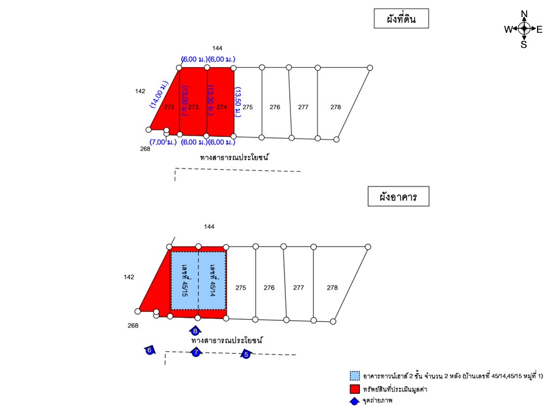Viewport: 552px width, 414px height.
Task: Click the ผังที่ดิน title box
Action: [x=401, y=18]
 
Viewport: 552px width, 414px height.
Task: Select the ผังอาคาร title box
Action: [x=398, y=196]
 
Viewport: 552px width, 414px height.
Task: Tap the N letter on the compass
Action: [x=524, y=14]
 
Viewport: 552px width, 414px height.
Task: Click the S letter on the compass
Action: [x=524, y=45]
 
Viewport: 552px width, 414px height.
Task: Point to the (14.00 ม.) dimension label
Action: [x=159, y=94]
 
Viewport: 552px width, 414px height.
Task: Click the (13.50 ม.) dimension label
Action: [x=238, y=102]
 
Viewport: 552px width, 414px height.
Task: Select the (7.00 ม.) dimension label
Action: [x=163, y=142]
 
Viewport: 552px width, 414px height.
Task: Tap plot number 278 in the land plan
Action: [x=335, y=107]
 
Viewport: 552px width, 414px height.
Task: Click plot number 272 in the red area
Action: [x=169, y=107]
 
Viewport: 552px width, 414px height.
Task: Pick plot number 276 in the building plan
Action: [x=269, y=287]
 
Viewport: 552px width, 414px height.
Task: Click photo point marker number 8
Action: [x=195, y=331]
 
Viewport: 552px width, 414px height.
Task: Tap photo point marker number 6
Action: [x=149, y=350]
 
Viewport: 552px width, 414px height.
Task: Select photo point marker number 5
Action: [x=246, y=354]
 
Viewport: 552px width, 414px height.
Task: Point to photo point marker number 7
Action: [x=195, y=352]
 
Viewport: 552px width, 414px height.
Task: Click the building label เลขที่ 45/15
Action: [x=185, y=281]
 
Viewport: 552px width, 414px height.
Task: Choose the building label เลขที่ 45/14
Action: [x=212, y=281]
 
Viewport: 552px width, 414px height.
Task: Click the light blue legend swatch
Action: [x=355, y=375]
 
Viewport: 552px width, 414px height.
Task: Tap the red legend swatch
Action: [x=355, y=389]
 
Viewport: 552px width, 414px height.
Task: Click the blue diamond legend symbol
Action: [x=355, y=401]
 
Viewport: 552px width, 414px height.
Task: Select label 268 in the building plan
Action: [x=133, y=325]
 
